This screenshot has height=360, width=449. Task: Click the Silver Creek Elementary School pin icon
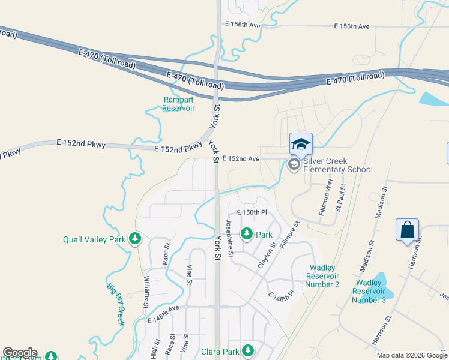click(x=294, y=164)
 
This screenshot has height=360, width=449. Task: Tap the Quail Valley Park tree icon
click(x=135, y=239)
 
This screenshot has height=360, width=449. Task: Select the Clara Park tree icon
click(x=247, y=351)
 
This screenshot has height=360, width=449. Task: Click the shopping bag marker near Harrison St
click(x=407, y=230)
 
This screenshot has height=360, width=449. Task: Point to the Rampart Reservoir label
click(x=179, y=104)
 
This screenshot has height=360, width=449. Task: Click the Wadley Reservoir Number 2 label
click(x=322, y=275)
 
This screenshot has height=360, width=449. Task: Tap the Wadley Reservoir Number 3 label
click(x=369, y=291)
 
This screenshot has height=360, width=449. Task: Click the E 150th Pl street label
click(x=251, y=213)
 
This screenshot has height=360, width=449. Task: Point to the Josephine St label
click(x=229, y=235)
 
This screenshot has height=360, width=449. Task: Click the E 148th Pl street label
click(x=281, y=297)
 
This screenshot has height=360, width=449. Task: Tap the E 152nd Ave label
click(x=241, y=159)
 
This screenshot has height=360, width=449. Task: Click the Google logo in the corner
click(x=20, y=353)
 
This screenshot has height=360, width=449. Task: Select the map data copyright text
click(x=412, y=355)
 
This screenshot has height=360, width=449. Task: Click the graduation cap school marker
click(x=301, y=144)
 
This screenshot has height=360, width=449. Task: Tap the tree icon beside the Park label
click(x=247, y=234)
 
